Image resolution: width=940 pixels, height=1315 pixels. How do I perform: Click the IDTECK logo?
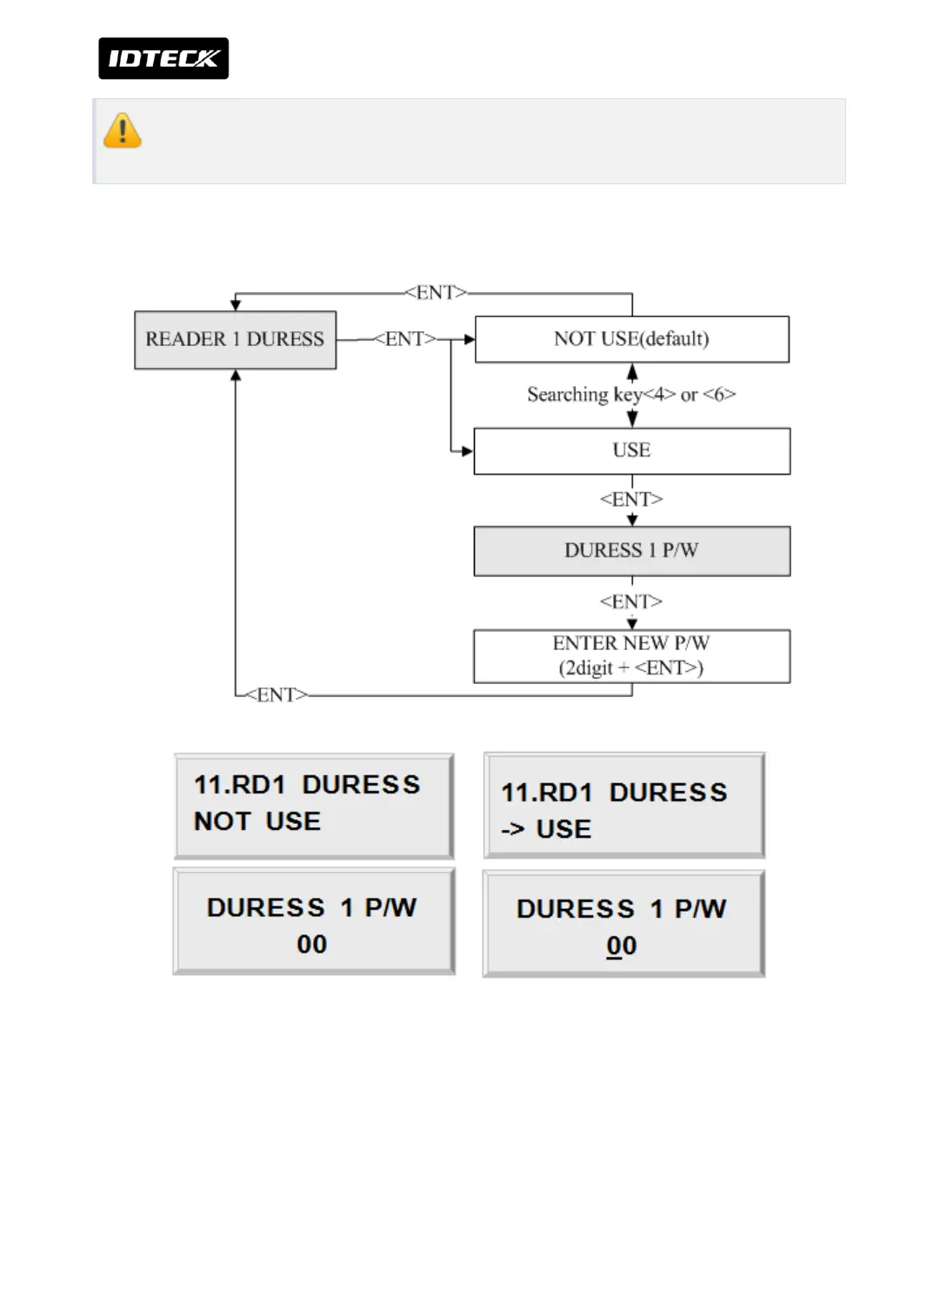[163, 58]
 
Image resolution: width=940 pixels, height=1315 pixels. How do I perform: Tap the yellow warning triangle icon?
[123, 131]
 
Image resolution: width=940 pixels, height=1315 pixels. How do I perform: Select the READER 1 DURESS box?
[235, 340]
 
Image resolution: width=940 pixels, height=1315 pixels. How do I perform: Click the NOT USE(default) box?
[632, 339]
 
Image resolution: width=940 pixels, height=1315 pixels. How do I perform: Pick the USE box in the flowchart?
[632, 450]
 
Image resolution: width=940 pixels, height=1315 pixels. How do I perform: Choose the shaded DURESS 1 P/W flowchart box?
[632, 551]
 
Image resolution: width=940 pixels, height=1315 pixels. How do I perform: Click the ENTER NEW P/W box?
[632, 656]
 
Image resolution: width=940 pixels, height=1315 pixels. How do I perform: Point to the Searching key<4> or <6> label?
[631, 395]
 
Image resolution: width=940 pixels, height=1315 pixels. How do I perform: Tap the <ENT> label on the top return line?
[436, 293]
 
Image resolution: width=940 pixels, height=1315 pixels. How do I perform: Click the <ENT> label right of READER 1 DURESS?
[404, 339]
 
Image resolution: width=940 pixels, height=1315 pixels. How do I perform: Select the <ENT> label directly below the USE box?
[631, 500]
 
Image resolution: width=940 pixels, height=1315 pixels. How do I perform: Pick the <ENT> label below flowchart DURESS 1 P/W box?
[631, 601]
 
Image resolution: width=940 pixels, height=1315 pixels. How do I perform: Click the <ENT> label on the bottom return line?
[277, 695]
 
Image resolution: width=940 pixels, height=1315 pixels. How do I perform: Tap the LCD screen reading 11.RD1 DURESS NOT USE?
[314, 806]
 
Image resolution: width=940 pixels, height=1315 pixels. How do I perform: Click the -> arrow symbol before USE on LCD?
[513, 829]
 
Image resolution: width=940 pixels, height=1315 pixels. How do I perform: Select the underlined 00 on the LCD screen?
[622, 946]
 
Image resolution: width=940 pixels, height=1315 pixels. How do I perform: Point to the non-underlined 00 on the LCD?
[312, 945]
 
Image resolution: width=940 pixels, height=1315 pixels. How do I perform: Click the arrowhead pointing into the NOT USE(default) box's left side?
[470, 339]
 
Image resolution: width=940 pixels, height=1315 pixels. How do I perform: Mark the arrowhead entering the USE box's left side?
[468, 451]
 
